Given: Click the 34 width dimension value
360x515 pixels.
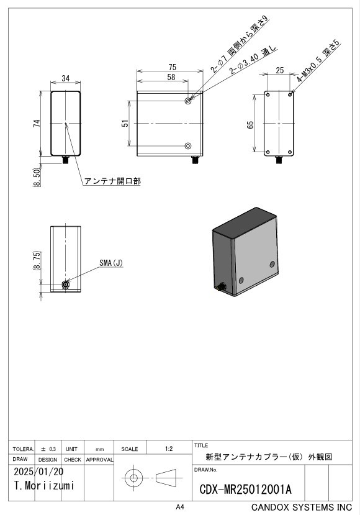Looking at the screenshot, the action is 66,78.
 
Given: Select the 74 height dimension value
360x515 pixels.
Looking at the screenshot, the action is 37,124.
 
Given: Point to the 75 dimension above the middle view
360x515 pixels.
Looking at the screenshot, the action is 173,67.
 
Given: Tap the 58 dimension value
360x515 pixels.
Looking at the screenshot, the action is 171,77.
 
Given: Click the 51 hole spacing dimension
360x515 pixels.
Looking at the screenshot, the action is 125,124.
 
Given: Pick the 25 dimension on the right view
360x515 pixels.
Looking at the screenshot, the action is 279,70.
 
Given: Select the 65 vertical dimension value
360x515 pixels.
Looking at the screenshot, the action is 250,125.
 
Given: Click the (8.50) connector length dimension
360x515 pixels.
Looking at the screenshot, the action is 37,177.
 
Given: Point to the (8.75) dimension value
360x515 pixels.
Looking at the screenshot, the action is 37,260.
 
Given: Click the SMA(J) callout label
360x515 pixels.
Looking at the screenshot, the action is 111,263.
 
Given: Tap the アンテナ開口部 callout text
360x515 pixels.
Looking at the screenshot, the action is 112,181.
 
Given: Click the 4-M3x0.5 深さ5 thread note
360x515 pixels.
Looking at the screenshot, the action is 318,62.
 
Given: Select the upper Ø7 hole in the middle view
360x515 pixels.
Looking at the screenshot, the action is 188,101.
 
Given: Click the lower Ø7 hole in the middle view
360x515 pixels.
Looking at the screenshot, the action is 188,146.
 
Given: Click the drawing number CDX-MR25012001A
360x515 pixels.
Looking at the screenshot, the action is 245,490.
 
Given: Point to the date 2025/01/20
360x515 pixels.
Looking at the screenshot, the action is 38,472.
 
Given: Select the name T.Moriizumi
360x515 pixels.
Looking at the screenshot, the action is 44,485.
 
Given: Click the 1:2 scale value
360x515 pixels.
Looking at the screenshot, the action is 169,449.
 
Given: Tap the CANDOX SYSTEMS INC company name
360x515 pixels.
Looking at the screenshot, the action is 302,507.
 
